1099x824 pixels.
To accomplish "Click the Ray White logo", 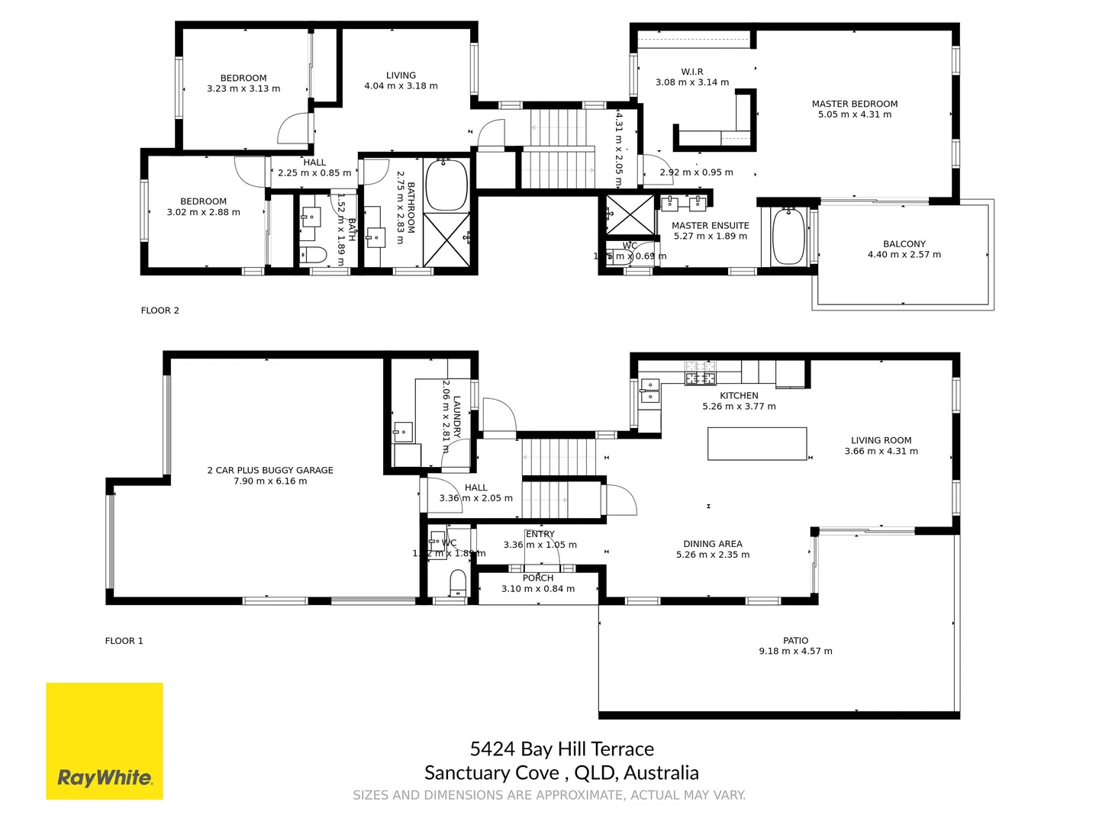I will pyautogui.click(x=105, y=777).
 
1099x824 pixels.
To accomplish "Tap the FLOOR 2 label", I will pyautogui.click(x=160, y=311).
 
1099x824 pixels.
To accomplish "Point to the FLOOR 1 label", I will pyautogui.click(x=124, y=641).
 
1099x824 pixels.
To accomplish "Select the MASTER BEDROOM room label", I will pyautogui.click(x=854, y=104).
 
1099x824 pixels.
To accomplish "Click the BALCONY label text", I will pyautogui.click(x=904, y=244).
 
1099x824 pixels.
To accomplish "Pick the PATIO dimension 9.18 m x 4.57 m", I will pyautogui.click(x=795, y=652).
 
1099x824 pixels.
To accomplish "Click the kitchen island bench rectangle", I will pyautogui.click(x=756, y=443).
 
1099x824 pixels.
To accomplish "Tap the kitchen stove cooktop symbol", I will pyautogui.click(x=700, y=374).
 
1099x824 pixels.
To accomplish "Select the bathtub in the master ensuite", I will pyautogui.click(x=788, y=236).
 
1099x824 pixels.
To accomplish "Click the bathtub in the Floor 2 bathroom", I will pyautogui.click(x=446, y=185).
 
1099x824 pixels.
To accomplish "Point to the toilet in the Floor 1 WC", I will pyautogui.click(x=458, y=584).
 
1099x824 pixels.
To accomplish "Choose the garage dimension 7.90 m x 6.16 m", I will pyautogui.click(x=270, y=481).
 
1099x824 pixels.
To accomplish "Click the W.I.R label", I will pyautogui.click(x=692, y=72).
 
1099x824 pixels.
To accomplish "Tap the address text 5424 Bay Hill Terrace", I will pyautogui.click(x=562, y=749).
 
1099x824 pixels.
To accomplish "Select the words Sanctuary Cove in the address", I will pyautogui.click(x=491, y=773).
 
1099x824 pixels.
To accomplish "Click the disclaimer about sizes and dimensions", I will pyautogui.click(x=549, y=795).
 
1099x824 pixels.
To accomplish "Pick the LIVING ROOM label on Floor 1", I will pyautogui.click(x=881, y=440).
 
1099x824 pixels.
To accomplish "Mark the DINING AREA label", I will pyautogui.click(x=712, y=544).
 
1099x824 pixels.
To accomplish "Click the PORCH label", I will pyautogui.click(x=538, y=578).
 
